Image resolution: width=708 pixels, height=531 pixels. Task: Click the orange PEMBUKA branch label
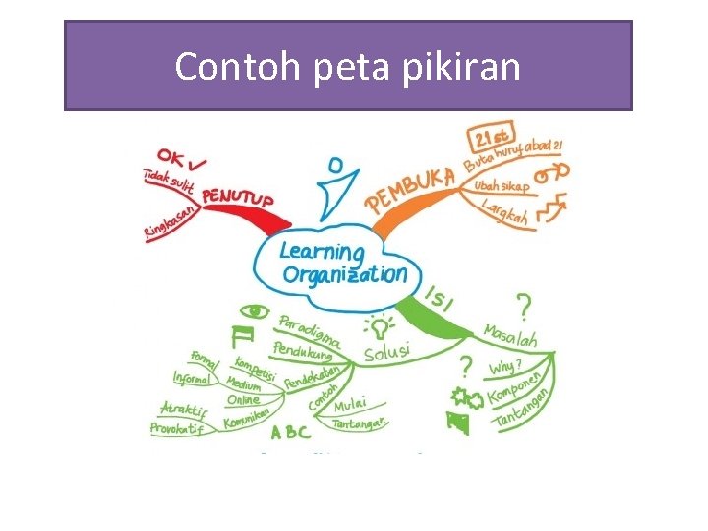(411, 189)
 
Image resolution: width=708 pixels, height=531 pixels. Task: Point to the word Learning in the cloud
(322, 252)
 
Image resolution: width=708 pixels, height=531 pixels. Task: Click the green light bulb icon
(377, 325)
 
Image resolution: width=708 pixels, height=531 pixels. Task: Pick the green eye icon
(256, 311)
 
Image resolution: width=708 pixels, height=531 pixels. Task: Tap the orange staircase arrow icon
(552, 207)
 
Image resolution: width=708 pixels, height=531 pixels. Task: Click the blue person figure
(337, 188)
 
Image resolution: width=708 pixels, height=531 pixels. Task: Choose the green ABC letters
(290, 431)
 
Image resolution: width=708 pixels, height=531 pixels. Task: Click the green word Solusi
(386, 351)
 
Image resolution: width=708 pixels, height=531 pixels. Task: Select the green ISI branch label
(439, 297)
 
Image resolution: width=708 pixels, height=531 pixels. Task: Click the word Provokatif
(181, 428)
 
